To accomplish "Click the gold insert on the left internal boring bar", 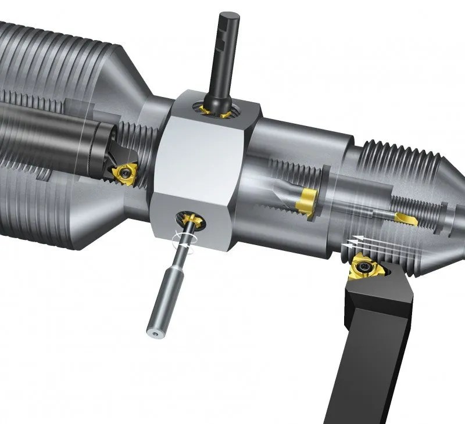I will pyautogui.click(x=126, y=173).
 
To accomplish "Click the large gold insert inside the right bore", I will pyautogui.click(x=306, y=201).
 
